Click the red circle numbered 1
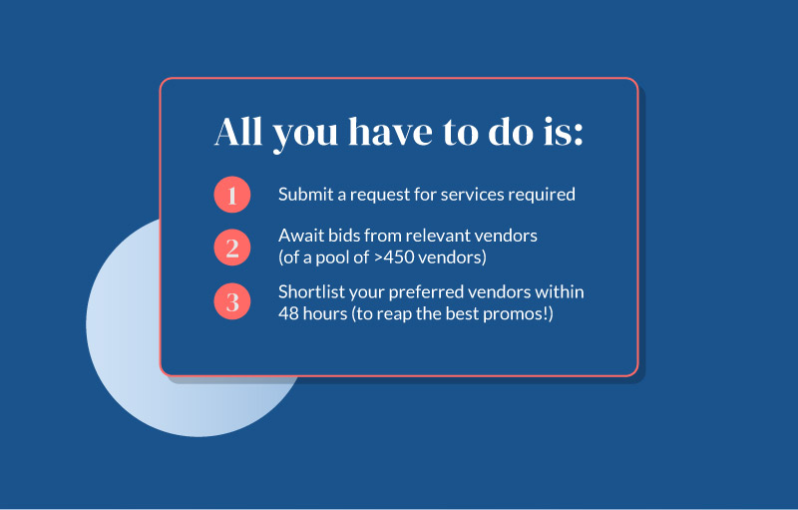point(232,195)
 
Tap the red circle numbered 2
point(232,248)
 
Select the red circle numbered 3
point(232,301)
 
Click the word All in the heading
point(238,132)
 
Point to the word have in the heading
point(390,132)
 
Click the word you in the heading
point(305,136)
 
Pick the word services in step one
point(472,194)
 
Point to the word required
point(542,195)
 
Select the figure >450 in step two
point(394,257)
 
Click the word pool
point(332,258)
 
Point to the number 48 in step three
point(288,313)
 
